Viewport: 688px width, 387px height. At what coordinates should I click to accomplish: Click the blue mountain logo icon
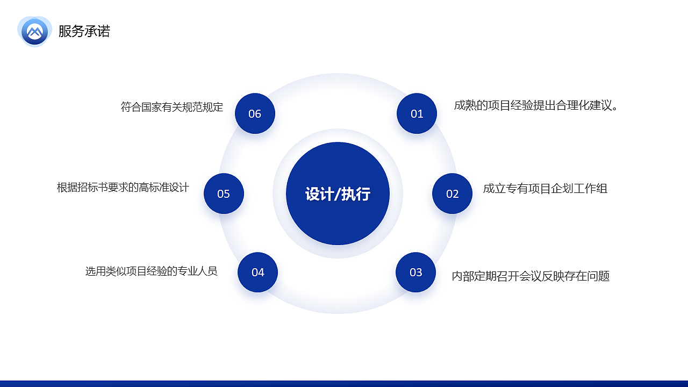(x=34, y=31)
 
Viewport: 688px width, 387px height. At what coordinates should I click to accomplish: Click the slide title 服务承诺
(x=84, y=31)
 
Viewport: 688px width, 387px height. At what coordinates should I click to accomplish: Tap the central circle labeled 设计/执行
(x=338, y=220)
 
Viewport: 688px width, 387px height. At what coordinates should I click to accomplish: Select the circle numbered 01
(x=417, y=113)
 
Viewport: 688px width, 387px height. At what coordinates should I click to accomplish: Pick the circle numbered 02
(x=452, y=193)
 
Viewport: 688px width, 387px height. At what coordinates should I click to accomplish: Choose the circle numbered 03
(x=415, y=272)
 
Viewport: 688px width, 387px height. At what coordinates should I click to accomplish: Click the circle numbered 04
(x=257, y=272)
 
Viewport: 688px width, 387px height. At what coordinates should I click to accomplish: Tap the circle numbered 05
(x=224, y=193)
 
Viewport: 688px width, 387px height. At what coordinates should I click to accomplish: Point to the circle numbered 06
(x=255, y=113)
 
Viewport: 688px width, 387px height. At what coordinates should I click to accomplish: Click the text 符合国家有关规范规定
(x=171, y=107)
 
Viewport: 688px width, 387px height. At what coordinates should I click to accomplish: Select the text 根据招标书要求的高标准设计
(x=123, y=188)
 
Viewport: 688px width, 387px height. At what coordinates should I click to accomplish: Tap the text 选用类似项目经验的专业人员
(x=151, y=271)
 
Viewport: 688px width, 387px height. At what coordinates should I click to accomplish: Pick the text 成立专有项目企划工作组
(x=545, y=189)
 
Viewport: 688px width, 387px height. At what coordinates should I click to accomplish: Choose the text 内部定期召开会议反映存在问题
(x=531, y=276)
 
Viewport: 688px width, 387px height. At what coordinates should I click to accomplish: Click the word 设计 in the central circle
(x=319, y=194)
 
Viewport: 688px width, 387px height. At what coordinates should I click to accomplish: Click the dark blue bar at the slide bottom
(x=344, y=384)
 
